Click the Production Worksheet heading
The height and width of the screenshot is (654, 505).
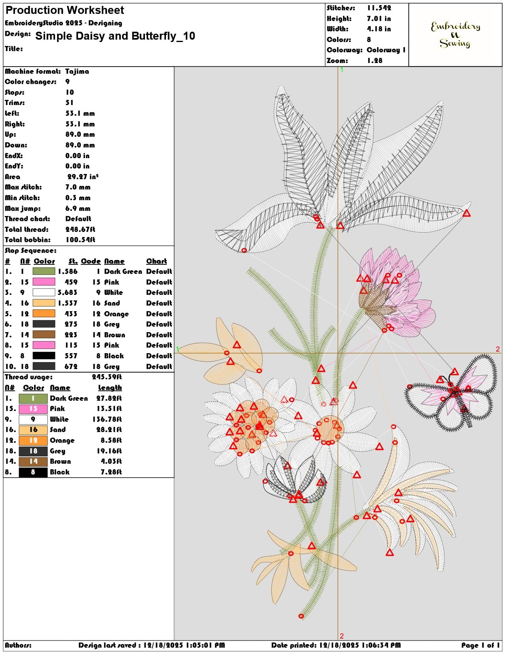coord(65,10)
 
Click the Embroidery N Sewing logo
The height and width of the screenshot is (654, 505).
coord(455,35)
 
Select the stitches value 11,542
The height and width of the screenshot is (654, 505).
coord(379,8)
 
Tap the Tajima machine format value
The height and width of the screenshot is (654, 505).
coord(77,71)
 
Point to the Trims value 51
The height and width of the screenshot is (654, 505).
coord(69,103)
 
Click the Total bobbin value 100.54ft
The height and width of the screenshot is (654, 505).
coord(80,239)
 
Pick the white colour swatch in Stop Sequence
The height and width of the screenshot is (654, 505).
coord(44,292)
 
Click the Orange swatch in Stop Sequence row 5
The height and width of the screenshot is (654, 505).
coord(44,313)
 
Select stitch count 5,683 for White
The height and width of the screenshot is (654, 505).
coord(67,292)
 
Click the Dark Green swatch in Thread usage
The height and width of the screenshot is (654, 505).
coord(33,398)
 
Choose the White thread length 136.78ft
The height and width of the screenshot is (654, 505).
coord(107,419)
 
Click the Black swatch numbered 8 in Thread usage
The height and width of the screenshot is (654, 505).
coord(33,472)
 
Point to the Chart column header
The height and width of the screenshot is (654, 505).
coord(156,261)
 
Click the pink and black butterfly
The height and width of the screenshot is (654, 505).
coord(451,392)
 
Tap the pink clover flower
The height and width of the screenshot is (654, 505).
coord(394,292)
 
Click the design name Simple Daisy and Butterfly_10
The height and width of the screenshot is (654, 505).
coord(115,36)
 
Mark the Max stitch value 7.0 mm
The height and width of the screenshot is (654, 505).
coord(78,187)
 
